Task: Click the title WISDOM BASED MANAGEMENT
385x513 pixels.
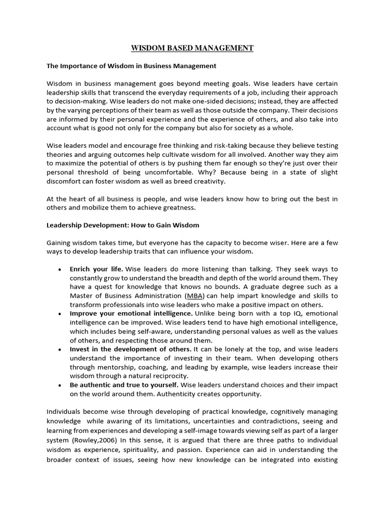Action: (x=192, y=48)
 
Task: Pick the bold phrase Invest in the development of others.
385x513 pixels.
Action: (x=130, y=349)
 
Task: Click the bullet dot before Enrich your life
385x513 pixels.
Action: (x=60, y=270)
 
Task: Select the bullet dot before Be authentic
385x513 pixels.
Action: (x=60, y=385)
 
